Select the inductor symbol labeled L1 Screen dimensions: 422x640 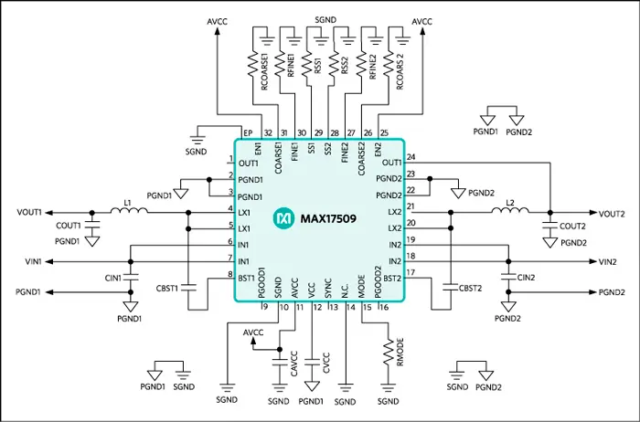[129, 212]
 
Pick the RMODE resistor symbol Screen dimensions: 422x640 [388, 351]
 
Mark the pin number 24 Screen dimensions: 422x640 [411, 156]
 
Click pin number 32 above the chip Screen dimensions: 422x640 [267, 133]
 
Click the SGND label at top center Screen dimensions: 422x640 [326, 18]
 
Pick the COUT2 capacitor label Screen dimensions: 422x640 [573, 226]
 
